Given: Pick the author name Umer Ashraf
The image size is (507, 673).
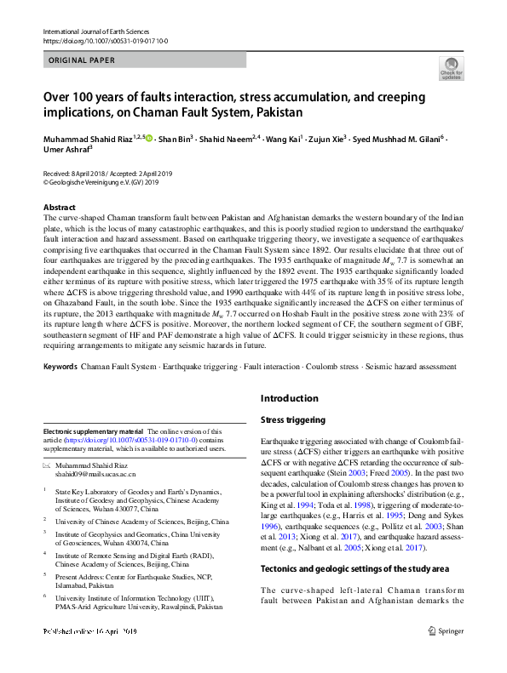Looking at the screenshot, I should point(68,151).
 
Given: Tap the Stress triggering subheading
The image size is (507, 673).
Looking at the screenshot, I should point(292,419).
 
